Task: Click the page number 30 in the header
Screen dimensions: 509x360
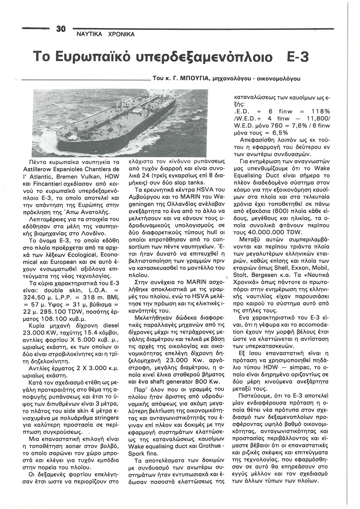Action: coord(59,29)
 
